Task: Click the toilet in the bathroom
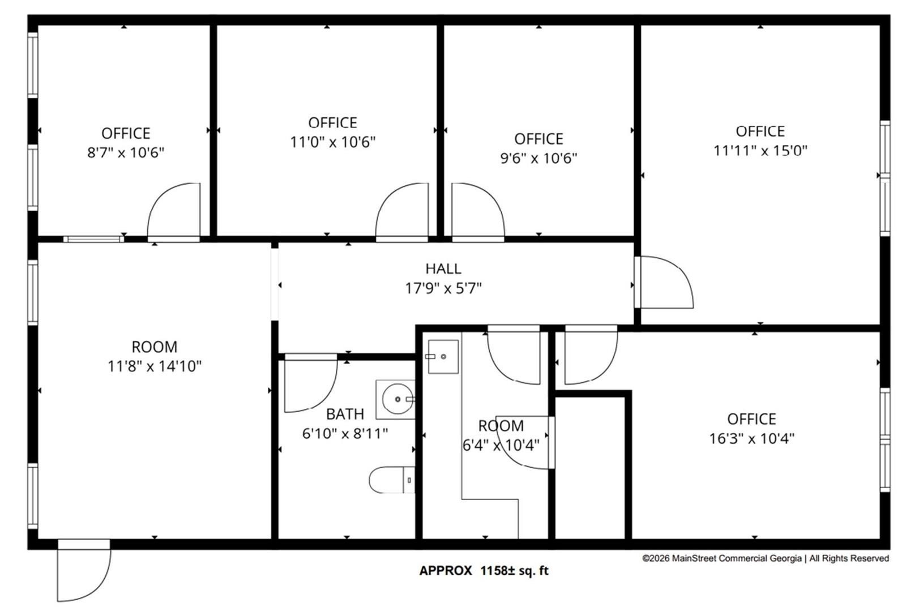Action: click(x=392, y=480)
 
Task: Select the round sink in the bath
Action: click(x=398, y=399)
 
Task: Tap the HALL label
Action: click(x=443, y=268)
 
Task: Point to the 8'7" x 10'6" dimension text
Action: click(x=126, y=152)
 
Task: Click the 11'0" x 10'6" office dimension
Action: click(x=333, y=142)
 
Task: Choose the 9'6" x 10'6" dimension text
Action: click(x=539, y=158)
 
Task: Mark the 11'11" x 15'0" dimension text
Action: click(x=760, y=151)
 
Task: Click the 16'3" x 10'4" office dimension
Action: click(x=752, y=438)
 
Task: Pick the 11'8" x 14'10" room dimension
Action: click(x=155, y=366)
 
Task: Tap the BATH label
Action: click(x=345, y=414)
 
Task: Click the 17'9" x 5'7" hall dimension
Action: click(x=443, y=288)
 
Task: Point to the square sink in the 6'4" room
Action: click(x=443, y=357)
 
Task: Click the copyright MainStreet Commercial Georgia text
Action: click(x=766, y=558)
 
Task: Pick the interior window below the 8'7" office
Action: click(x=94, y=240)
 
